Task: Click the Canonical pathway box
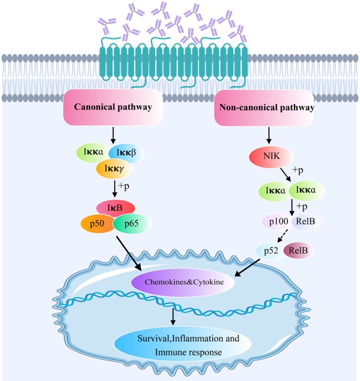click(x=113, y=107)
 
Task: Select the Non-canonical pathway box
click(x=264, y=108)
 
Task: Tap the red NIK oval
click(x=272, y=157)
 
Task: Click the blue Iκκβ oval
click(x=126, y=153)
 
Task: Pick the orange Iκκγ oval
click(x=114, y=168)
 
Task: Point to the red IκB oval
click(x=116, y=208)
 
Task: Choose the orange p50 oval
click(x=97, y=224)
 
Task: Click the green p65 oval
click(x=133, y=224)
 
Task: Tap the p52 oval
click(x=271, y=251)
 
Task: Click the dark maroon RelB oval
click(x=298, y=251)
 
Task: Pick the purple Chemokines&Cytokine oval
click(x=183, y=282)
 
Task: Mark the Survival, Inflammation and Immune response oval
click(x=183, y=345)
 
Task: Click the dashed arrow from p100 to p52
click(x=283, y=235)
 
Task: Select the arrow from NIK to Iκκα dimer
click(x=285, y=175)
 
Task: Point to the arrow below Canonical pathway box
click(x=113, y=135)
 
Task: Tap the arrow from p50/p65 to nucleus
click(x=129, y=253)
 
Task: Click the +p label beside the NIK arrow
click(x=298, y=170)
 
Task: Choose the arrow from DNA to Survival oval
click(x=173, y=317)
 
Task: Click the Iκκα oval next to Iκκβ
click(x=93, y=152)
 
